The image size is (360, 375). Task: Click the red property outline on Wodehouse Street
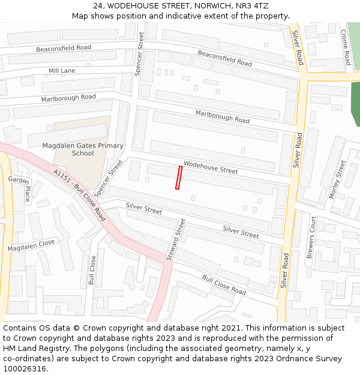(178, 178)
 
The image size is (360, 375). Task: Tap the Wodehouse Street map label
(211, 167)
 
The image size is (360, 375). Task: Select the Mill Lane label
(62, 71)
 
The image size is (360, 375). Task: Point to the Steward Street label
(176, 239)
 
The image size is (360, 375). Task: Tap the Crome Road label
(346, 47)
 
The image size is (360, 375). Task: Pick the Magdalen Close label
(31, 245)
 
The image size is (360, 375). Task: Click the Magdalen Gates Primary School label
(83, 149)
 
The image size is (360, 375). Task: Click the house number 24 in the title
(98, 6)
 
